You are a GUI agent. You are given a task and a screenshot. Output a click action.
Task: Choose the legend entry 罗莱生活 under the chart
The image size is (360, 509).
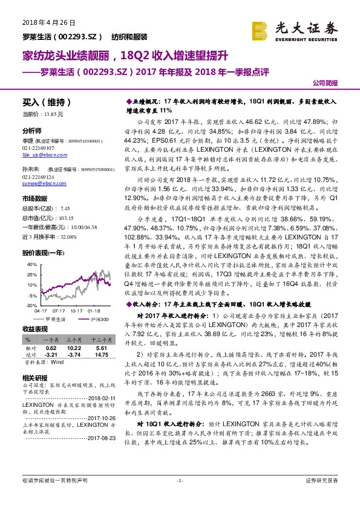(x=54, y=319)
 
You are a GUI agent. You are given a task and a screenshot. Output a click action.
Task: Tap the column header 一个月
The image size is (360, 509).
(x=51, y=341)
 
